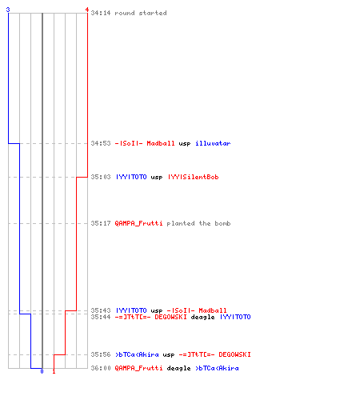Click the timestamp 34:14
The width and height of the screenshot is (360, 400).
(x=101, y=13)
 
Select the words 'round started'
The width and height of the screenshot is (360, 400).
(x=141, y=13)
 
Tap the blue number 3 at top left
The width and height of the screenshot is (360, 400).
(x=8, y=10)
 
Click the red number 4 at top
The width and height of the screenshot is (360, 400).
(x=87, y=10)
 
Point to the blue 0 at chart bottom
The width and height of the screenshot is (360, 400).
(x=42, y=371)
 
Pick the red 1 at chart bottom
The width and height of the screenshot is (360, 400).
(x=54, y=371)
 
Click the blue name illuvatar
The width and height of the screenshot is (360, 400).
(x=213, y=143)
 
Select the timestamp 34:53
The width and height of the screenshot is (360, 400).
(x=101, y=143)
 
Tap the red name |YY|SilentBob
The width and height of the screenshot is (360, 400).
(x=194, y=177)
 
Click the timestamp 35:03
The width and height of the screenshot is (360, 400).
(x=101, y=177)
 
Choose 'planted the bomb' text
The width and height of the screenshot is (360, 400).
(x=198, y=223)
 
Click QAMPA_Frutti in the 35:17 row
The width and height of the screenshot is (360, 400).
(x=138, y=223)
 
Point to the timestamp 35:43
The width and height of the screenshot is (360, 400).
(x=101, y=310)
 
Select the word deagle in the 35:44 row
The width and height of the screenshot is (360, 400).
(x=202, y=317)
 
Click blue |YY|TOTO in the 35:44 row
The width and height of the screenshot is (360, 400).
(x=235, y=317)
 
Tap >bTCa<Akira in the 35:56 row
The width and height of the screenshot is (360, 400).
(x=137, y=354)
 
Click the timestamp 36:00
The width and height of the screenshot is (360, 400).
(x=101, y=368)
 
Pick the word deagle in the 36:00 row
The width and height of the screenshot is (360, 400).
(x=178, y=368)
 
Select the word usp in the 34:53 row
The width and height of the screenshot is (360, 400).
(x=185, y=144)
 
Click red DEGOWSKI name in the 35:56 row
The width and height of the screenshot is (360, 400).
(x=234, y=354)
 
